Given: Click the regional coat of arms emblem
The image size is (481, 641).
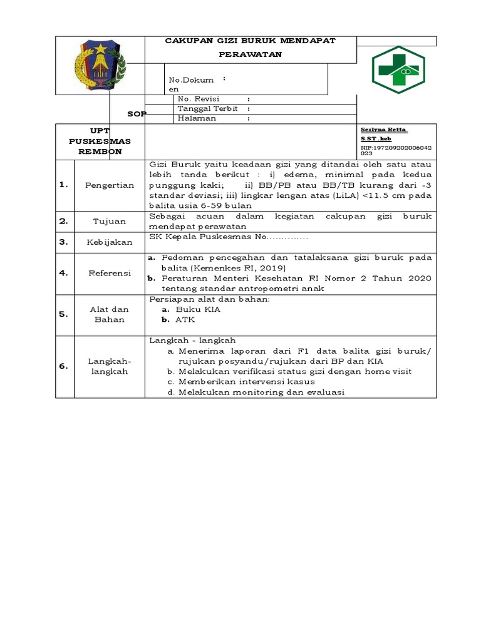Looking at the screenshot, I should (x=99, y=65).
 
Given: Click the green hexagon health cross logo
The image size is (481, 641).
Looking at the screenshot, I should (x=398, y=70).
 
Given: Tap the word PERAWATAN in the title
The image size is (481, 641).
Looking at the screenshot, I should (x=251, y=54).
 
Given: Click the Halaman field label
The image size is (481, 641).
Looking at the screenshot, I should (x=197, y=118).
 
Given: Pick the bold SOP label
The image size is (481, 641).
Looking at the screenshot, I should (x=136, y=113).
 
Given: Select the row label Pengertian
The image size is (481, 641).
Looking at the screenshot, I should (x=110, y=185).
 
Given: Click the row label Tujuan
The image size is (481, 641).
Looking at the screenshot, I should (x=110, y=221).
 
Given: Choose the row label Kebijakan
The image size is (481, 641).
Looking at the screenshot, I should (x=110, y=242).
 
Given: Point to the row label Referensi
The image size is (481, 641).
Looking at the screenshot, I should (x=110, y=273).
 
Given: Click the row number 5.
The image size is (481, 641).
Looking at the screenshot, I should (x=63, y=314).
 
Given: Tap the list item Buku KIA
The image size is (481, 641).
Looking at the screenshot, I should (x=198, y=309).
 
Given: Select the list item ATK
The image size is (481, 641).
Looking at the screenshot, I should (x=186, y=319).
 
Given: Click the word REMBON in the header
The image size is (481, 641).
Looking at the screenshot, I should (x=100, y=151).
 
